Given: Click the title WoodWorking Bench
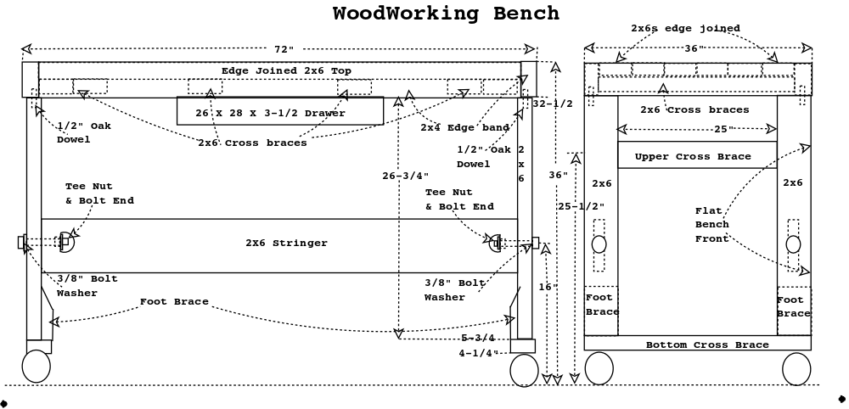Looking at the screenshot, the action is [447, 14].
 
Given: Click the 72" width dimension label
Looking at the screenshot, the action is [284, 49].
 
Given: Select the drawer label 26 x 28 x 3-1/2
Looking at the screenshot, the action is [270, 113].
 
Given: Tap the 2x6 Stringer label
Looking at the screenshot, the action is [286, 243].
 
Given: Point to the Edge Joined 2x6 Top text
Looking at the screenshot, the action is [286, 71].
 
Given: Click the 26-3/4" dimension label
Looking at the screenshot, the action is [406, 176].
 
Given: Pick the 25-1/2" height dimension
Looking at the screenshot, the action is [581, 206].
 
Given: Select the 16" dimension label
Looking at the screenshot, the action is [548, 287].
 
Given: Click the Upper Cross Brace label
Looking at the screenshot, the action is [693, 157].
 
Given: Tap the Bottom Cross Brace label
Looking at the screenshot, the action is [707, 345].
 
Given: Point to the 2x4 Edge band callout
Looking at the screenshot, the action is [465, 127].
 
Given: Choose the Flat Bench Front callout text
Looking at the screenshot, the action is [712, 225].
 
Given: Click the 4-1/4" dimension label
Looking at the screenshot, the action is [478, 353].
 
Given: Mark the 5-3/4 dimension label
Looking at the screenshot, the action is [477, 338].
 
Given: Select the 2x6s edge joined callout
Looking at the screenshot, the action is [685, 28].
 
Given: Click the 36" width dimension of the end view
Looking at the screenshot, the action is [694, 48].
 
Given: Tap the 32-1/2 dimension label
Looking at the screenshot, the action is [553, 104].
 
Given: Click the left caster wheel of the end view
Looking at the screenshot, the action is [599, 369].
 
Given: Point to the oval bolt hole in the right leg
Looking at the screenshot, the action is [793, 244].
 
